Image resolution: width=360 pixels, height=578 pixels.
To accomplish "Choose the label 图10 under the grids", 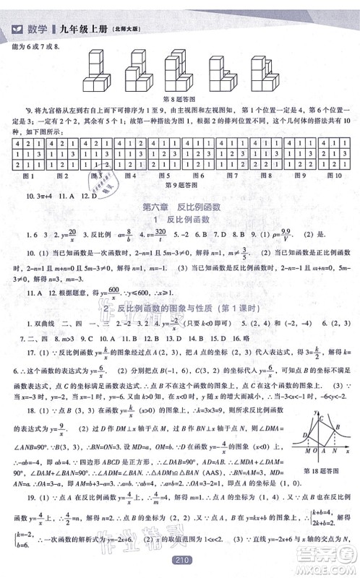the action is pos(335,174).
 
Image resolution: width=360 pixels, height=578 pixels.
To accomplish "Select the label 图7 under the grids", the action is pos(231,174).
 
